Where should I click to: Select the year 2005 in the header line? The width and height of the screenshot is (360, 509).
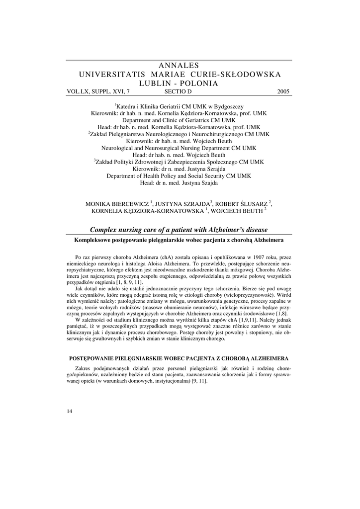[283, 92]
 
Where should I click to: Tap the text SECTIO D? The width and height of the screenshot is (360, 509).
[178, 92]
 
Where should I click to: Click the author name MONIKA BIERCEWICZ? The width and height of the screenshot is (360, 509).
[117, 204]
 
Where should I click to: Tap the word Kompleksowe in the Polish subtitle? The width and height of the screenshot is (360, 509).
[95, 240]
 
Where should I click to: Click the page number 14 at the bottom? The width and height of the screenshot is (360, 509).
[69, 411]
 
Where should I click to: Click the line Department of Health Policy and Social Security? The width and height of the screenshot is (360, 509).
[179, 176]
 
